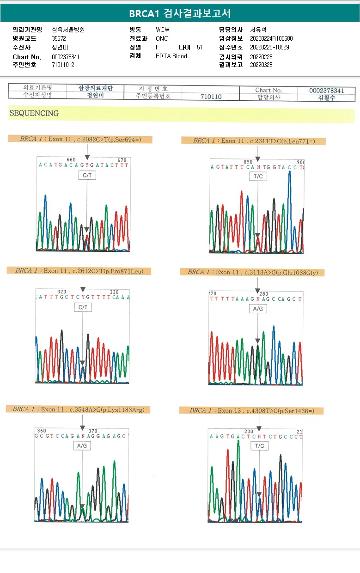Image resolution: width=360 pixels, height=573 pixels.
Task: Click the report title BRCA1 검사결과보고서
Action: pyautogui.click(x=180, y=13)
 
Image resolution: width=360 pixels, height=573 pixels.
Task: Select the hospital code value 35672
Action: pyautogui.click(x=59, y=38)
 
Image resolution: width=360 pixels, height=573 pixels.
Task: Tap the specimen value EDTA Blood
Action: pyautogui.click(x=171, y=56)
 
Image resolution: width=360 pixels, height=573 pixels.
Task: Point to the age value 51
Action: pyautogui.click(x=199, y=47)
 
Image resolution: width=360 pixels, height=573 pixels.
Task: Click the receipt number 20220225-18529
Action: pyautogui.click(x=269, y=47)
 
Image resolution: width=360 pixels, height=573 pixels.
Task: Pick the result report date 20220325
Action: pyautogui.click(x=261, y=65)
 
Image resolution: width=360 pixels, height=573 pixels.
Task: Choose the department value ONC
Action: pyautogui.click(x=162, y=38)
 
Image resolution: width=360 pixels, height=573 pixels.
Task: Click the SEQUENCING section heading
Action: pyautogui.click(x=34, y=113)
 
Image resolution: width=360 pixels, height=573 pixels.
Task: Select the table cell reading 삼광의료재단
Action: pyautogui.click(x=96, y=88)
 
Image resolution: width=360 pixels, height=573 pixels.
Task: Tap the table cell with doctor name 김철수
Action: pyautogui.click(x=326, y=98)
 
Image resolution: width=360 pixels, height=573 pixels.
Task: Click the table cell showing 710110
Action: pyautogui.click(x=211, y=97)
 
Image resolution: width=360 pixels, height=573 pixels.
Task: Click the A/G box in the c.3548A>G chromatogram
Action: pyautogui.click(x=82, y=446)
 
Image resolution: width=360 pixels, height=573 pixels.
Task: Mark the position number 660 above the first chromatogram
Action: pyautogui.click(x=72, y=160)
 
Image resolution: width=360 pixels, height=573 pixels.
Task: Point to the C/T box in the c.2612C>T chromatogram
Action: pyautogui.click(x=83, y=307)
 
